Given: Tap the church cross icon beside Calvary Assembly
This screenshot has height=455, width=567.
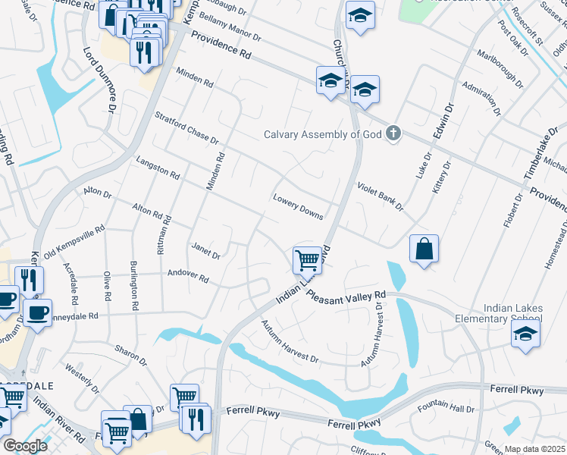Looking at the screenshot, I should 393,134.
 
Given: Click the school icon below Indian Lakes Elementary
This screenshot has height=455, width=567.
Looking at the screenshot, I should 525,334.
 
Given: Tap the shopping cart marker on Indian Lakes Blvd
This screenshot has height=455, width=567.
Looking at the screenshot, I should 307,259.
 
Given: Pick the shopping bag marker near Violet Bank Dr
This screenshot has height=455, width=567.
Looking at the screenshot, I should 424,249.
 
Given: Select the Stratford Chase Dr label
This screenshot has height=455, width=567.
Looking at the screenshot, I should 186,129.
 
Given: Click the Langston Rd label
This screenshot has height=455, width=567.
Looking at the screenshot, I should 158,168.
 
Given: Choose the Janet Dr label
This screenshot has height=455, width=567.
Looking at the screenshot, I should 205,250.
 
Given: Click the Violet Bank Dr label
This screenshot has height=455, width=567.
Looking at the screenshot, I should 380,196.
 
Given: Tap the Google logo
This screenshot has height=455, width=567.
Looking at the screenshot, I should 24,445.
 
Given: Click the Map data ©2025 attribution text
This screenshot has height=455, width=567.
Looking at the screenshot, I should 535,449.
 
